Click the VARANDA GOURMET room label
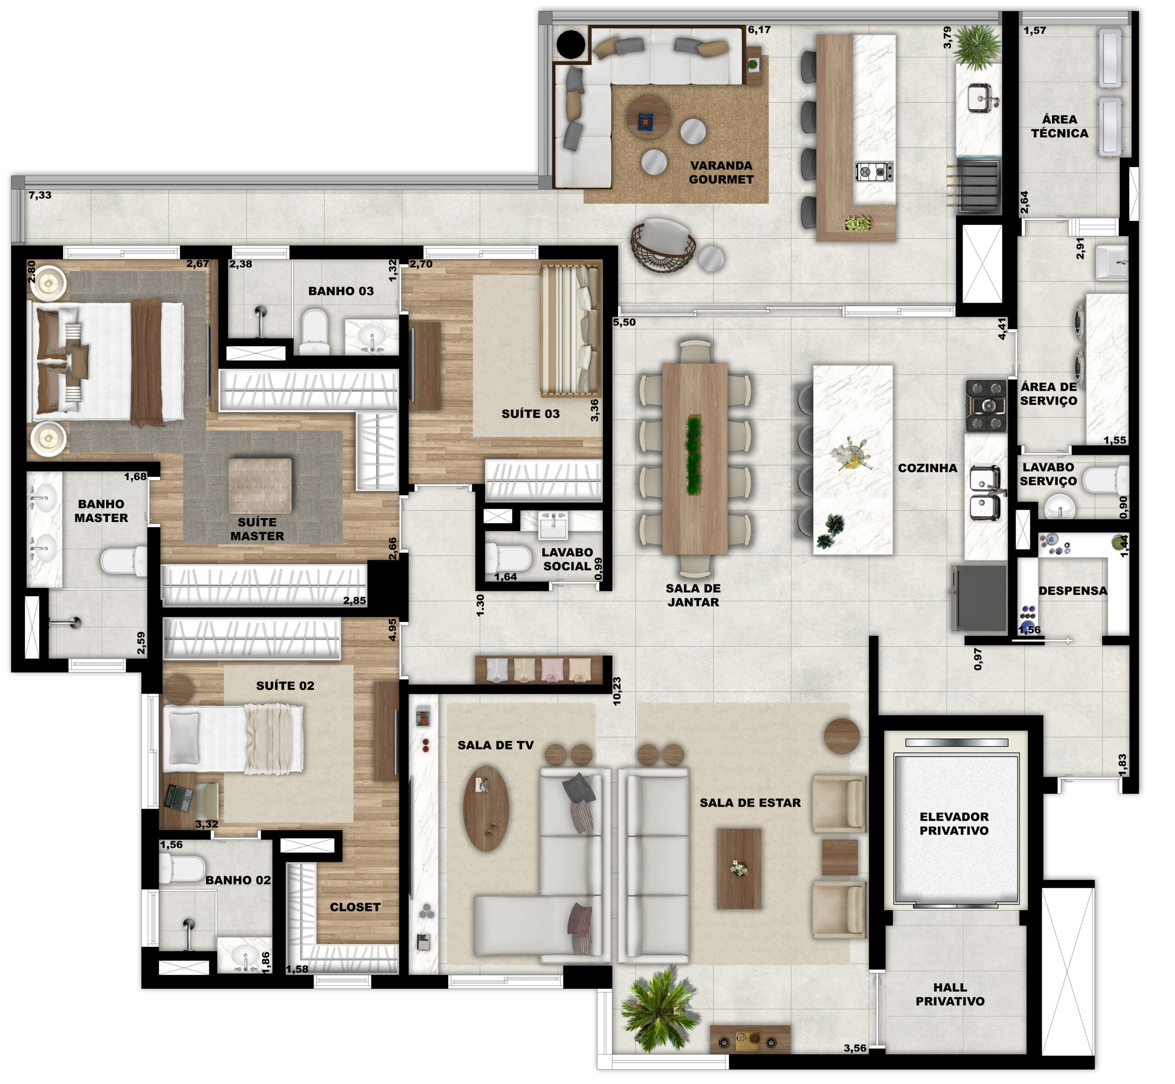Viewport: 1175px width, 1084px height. point(721,173)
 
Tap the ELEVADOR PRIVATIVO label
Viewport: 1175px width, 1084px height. point(954,824)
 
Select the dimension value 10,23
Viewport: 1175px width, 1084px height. point(616,691)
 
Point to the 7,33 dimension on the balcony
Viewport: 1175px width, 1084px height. point(40,196)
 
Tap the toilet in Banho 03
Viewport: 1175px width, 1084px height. point(314,332)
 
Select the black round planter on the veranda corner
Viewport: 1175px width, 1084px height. point(570,44)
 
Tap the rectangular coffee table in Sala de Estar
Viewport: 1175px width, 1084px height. point(739,868)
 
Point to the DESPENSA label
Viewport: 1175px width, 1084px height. point(1073,591)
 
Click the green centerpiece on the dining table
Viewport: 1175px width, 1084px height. point(694,456)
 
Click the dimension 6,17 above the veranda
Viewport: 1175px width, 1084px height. point(759,30)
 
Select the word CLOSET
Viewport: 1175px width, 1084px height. point(355,907)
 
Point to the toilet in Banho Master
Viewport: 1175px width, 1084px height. point(124,561)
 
